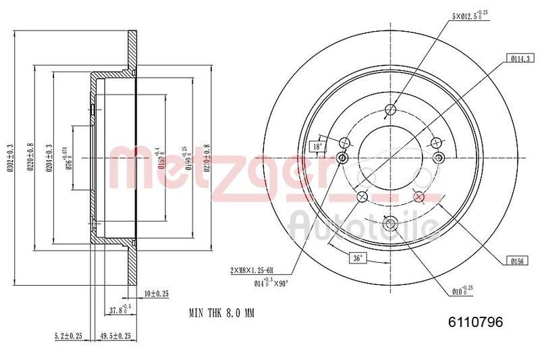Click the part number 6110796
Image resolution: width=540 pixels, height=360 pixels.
[x=476, y=323]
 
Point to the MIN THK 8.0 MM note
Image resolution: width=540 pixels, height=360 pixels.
[x=221, y=313]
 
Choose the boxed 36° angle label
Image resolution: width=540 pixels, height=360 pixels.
[x=358, y=258]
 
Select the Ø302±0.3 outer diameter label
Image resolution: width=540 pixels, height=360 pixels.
[x=9, y=159]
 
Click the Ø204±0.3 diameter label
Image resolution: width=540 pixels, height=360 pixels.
[x=49, y=159]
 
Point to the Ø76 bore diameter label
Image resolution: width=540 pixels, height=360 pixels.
[x=69, y=160]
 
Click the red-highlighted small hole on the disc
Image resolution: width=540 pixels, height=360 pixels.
[x=418, y=197]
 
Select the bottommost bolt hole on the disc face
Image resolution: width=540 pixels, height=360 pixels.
[x=390, y=224]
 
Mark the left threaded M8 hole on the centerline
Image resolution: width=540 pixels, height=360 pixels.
[x=342, y=159]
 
